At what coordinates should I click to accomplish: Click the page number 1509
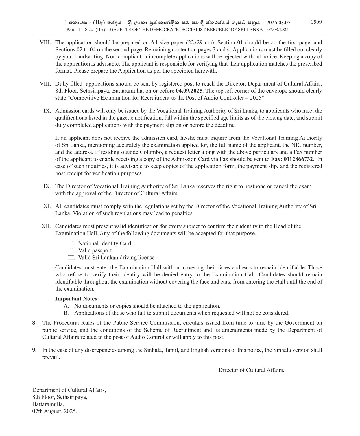316,22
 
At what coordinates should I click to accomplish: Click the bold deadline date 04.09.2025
189,91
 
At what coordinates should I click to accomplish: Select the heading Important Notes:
77,299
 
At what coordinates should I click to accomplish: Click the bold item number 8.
34,323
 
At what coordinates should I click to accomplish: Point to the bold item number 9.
34,350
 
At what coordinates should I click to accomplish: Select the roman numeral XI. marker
47,206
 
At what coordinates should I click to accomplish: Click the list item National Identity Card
104,243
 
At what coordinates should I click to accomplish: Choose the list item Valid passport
95,250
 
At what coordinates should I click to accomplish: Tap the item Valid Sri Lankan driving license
116,258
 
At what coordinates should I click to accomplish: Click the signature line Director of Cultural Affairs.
251,370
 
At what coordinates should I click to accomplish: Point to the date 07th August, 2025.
54,411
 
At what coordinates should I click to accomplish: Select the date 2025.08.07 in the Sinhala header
278,23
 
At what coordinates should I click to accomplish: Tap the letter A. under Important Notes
66,306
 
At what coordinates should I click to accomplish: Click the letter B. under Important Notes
66,313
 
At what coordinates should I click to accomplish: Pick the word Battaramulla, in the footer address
48,404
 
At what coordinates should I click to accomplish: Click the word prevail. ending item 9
51,357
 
